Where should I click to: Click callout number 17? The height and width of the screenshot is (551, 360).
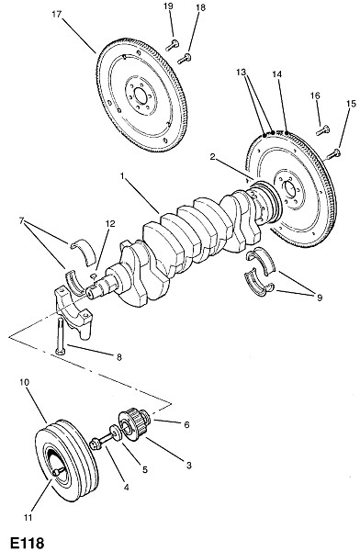pyautogui.click(x=57, y=14)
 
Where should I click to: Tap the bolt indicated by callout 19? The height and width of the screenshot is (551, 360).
pyautogui.click(x=172, y=45)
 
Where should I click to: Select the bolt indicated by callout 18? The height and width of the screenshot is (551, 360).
pyautogui.click(x=185, y=59)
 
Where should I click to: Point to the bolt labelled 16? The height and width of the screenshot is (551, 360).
pyautogui.click(x=322, y=130)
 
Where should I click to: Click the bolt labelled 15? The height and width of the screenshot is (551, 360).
pyautogui.click(x=333, y=154)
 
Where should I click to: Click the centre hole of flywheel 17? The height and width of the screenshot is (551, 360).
pyautogui.click(x=140, y=96)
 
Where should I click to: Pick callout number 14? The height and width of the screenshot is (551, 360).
pyautogui.click(x=276, y=74)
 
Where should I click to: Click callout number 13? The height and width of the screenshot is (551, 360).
pyautogui.click(x=241, y=72)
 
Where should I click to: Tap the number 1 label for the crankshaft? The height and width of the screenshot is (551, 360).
pyautogui.click(x=122, y=175)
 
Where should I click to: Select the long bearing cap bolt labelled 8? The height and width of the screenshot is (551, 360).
pyautogui.click(x=59, y=335)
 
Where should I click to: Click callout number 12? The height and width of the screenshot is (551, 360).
pyautogui.click(x=109, y=223)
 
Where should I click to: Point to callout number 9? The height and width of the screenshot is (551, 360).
pyautogui.click(x=320, y=298)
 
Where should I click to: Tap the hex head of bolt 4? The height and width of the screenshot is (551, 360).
pyautogui.click(x=96, y=444)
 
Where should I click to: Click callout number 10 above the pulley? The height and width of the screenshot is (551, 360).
pyautogui.click(x=25, y=382)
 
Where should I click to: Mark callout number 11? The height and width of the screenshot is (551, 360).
pyautogui.click(x=28, y=517)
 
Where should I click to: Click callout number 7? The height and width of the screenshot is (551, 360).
pyautogui.click(x=22, y=220)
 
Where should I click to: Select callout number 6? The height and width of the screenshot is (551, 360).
pyautogui.click(x=186, y=424)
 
